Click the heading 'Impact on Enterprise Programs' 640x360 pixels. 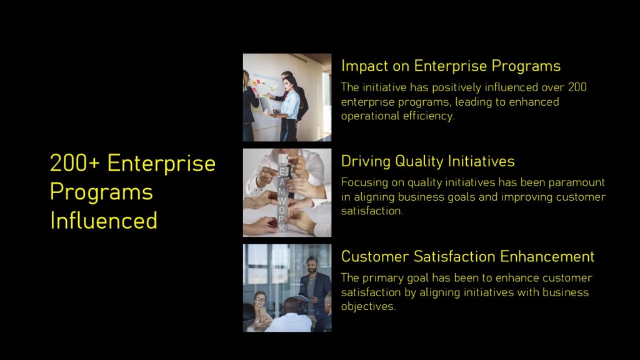pos(451,66)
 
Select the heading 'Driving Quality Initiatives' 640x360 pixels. pos(427,161)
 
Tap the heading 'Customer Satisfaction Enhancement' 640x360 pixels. pos(467,257)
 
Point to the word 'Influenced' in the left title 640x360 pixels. pos(104,221)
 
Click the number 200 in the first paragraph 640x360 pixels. pos(577,87)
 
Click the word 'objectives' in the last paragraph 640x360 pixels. pos(367,306)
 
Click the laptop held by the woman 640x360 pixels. pos(267,105)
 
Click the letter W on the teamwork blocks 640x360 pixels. pos(282,202)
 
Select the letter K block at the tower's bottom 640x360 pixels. pos(282,227)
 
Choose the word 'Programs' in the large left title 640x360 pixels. pos(101,192)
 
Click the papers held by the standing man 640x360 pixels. pos(303,298)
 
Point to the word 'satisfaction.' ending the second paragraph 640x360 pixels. pos(372,211)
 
